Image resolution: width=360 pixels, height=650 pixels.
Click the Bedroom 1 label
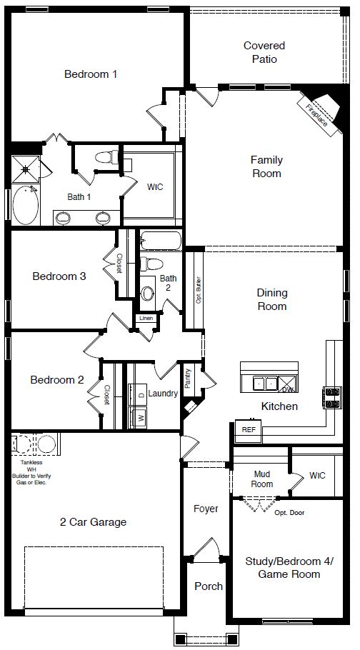pos(91,74)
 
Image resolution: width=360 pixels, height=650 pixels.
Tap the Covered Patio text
pos(264,52)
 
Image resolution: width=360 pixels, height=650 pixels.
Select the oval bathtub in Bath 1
pos(27,204)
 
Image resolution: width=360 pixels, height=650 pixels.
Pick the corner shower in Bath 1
pos(26,170)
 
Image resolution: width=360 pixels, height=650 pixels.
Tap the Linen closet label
pos(146,318)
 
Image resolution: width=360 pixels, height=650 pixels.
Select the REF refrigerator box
pos(249,430)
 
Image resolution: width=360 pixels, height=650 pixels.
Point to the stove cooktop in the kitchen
pos(333,397)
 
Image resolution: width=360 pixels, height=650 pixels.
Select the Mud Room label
pos(262,479)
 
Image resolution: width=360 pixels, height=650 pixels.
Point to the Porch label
pos(209,586)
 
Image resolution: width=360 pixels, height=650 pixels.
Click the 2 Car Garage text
pos(93,521)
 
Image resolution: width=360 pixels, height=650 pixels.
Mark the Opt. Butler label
pos(198,289)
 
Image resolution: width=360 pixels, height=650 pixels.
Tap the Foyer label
pos(206,509)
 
